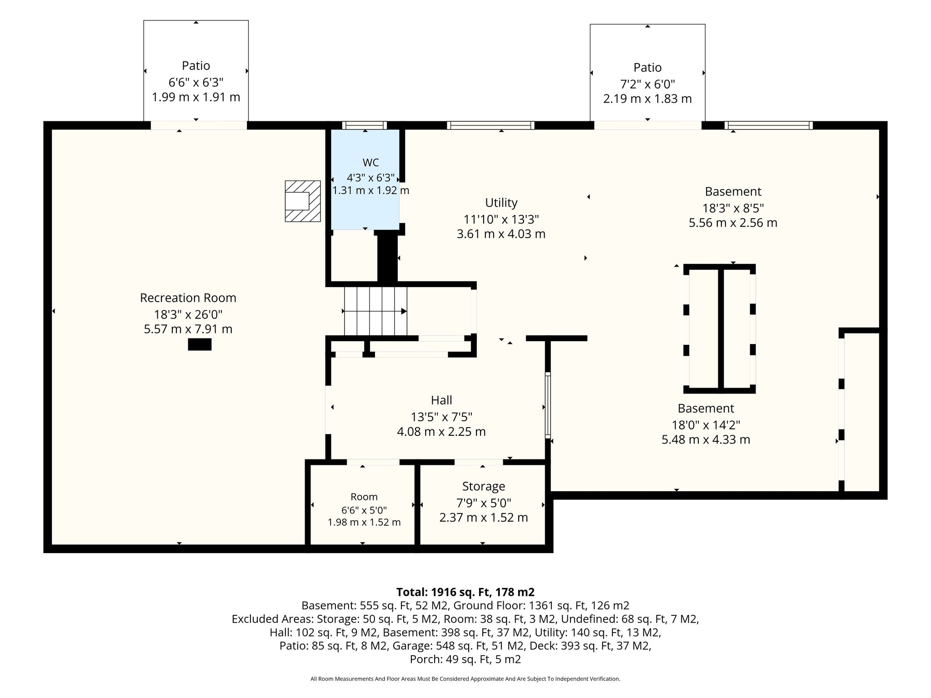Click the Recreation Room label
coord(188,298)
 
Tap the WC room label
coord(370,163)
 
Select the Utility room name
coord(501,203)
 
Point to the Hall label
coord(441,400)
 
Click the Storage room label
coord(484,487)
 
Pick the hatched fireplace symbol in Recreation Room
coord(303,201)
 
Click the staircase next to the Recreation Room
coord(375,311)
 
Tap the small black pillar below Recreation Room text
coord(200,344)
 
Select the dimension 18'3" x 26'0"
coord(188,314)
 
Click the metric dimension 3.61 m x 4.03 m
coord(501,234)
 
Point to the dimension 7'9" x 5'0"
coord(484,503)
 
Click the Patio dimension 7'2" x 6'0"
coord(647,84)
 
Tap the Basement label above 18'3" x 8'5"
coord(733,192)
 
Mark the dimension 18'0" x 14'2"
coord(706,425)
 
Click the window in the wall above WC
coord(365,125)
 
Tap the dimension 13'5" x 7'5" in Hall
coord(441,417)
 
